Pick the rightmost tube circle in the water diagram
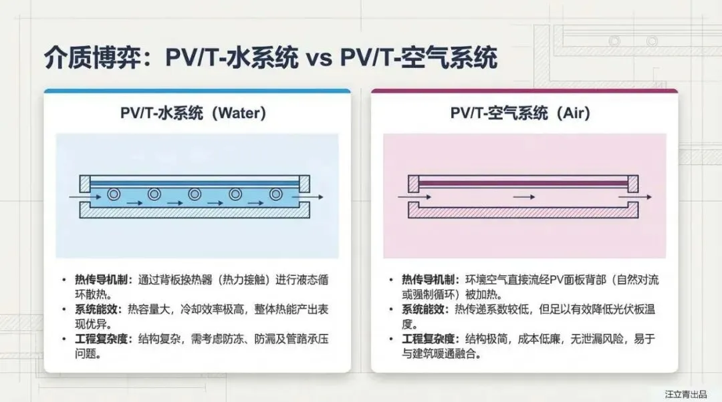tap(276, 195)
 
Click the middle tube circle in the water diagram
tap(195, 195)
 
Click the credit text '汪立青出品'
tap(685, 394)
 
